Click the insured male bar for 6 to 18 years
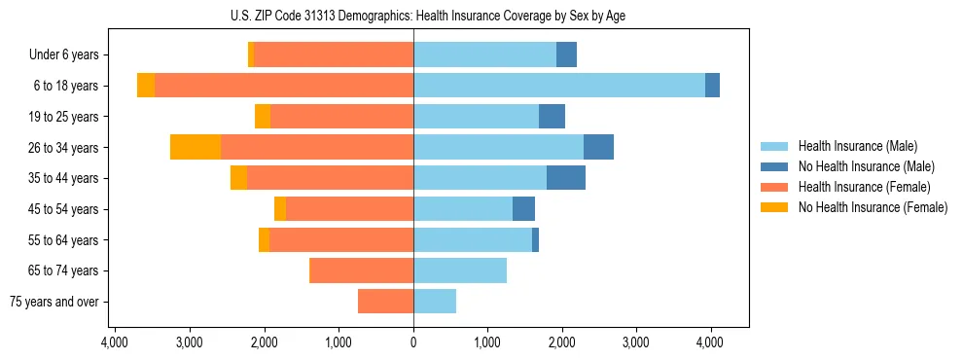[x=558, y=86]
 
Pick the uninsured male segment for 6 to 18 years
[x=712, y=86]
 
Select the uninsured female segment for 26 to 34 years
[x=196, y=147]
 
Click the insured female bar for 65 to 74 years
[x=361, y=270]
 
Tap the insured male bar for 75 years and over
[x=435, y=302]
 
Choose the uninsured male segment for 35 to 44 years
[x=566, y=178]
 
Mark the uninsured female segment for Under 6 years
[x=251, y=55]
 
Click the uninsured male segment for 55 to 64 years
[x=535, y=239]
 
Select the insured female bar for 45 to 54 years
[x=350, y=209]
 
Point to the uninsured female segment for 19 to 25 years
[x=263, y=117]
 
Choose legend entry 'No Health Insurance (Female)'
[x=873, y=207]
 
